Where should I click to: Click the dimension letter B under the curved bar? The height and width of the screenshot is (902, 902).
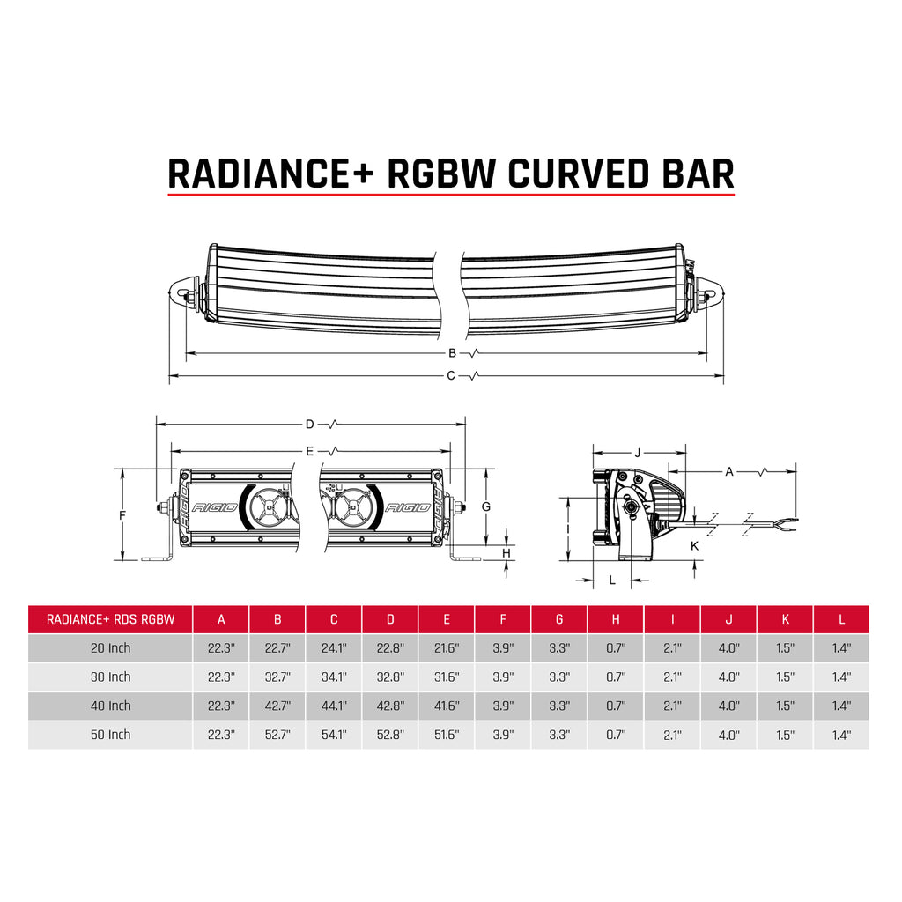452,353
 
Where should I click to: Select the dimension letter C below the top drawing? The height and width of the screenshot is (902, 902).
451,376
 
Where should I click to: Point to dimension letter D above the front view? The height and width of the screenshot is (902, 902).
309,425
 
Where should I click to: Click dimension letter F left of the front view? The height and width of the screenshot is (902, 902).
123,514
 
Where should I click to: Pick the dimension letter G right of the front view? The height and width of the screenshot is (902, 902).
485,506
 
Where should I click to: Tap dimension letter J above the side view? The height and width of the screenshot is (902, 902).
637,453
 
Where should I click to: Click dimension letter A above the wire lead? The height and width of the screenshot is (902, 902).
729,472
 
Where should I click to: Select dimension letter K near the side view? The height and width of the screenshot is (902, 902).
694,546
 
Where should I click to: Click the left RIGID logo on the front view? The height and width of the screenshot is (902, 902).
214,508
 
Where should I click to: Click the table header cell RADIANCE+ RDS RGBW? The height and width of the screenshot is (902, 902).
110,619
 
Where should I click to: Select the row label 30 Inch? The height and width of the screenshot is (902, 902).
110,676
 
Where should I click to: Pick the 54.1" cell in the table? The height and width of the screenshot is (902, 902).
334,735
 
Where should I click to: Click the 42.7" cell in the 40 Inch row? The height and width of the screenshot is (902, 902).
277,706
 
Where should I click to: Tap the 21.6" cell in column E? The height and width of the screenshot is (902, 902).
447,648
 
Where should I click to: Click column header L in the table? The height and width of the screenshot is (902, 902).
841,619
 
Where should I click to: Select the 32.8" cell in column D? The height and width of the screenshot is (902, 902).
390,676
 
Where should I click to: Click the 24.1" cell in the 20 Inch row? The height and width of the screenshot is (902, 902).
334,648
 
